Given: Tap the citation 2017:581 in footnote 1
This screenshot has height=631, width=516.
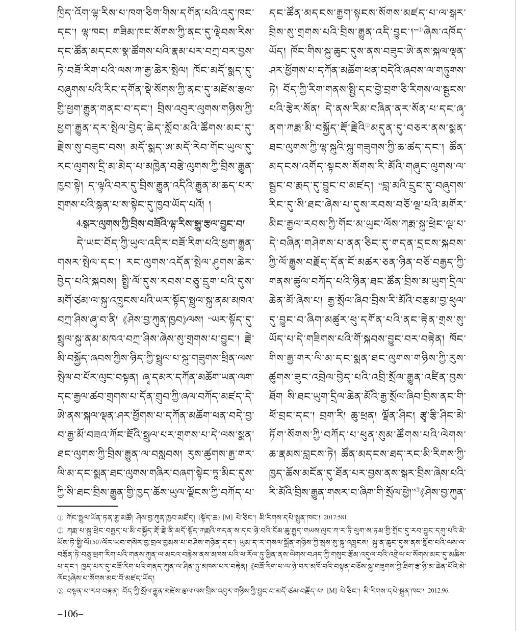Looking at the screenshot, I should (334, 517).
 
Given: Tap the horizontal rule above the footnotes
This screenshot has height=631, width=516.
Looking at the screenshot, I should (88, 506).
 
